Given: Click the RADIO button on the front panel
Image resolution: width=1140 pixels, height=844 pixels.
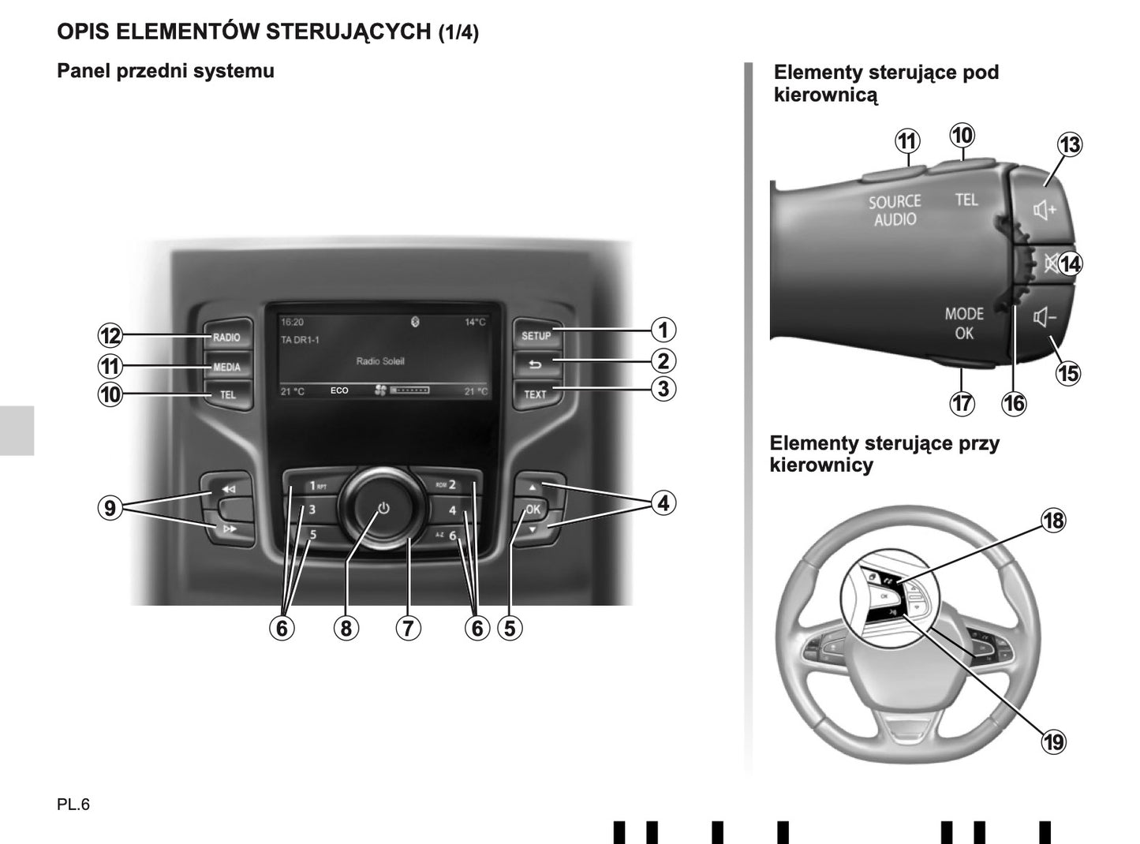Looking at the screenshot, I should click(226, 337).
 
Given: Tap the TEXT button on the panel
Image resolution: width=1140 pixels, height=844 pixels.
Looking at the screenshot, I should click(535, 394).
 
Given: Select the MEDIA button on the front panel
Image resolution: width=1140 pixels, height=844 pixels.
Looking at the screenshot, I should click(226, 367).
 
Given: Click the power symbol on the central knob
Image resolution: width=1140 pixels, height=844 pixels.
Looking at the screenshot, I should click(383, 509).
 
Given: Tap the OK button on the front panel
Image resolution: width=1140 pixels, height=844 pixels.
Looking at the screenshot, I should click(533, 510).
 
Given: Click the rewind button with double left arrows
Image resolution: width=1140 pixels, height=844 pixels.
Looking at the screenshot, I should click(228, 489).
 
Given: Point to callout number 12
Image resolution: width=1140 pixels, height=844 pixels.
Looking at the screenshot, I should click(110, 336).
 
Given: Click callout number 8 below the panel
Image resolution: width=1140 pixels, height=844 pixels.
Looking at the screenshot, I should click(346, 628).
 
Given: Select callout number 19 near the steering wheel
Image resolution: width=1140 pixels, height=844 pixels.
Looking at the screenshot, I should click(1054, 741).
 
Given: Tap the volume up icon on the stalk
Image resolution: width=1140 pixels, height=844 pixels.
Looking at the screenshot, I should click(1045, 211).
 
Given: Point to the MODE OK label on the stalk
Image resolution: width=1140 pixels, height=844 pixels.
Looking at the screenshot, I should click(964, 323).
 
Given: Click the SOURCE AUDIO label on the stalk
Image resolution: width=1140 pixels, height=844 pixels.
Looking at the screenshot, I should click(895, 211).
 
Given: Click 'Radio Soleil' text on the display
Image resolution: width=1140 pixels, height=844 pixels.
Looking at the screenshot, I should click(379, 361).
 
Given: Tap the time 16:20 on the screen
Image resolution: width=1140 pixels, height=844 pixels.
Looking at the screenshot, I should click(292, 323).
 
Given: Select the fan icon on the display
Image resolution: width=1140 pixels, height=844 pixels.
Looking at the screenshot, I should click(380, 390).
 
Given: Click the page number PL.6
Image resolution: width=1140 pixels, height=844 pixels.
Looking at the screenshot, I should click(73, 805).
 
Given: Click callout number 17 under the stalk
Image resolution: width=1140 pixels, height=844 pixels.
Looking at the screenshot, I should click(962, 404).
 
